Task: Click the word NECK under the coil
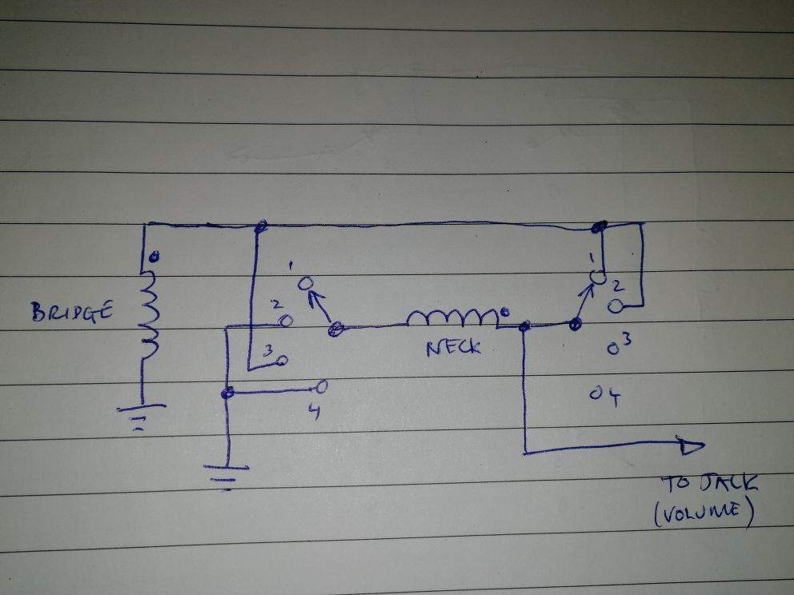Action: tap(453, 348)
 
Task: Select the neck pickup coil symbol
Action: tap(453, 317)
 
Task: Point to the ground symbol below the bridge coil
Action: tap(142, 416)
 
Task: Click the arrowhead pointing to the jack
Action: tap(692, 447)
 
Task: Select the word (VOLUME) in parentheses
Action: tap(704, 513)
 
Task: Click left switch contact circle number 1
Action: tap(305, 283)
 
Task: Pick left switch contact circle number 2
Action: tap(286, 320)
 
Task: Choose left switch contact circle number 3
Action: tap(282, 360)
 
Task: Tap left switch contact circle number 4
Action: tap(321, 386)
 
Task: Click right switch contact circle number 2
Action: tap(616, 306)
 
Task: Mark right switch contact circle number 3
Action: tap(613, 349)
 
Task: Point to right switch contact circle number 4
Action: tap(595, 393)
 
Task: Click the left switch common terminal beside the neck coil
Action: tap(335, 329)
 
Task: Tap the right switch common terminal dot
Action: tap(575, 324)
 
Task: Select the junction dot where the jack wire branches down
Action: tap(524, 326)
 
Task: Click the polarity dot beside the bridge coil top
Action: tap(154, 257)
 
